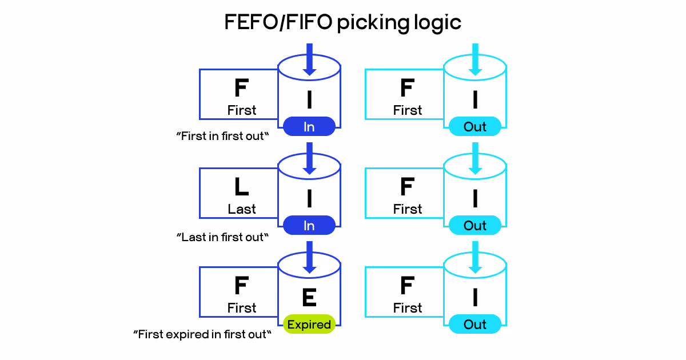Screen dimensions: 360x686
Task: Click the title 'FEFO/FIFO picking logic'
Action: [x=342, y=22]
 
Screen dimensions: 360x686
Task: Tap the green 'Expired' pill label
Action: [x=309, y=325]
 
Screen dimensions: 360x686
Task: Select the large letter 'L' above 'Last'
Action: [x=241, y=187]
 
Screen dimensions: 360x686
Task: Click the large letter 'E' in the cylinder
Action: [x=309, y=298]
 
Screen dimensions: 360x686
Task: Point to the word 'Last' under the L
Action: [x=241, y=209]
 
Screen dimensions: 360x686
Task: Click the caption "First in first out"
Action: [x=222, y=137]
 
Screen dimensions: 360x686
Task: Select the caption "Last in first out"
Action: [x=222, y=237]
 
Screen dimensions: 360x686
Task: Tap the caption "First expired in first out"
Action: [x=201, y=334]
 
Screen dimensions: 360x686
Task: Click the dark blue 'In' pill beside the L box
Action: [x=309, y=226]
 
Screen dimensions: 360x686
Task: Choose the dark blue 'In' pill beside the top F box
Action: [x=309, y=127]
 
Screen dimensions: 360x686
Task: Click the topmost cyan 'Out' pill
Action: [x=475, y=127]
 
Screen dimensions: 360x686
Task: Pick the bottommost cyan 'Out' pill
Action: [x=475, y=325]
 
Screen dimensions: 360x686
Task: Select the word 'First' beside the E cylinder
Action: [x=241, y=308]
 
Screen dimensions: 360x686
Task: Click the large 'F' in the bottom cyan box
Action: [x=407, y=286]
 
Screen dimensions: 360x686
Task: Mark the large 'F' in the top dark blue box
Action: [x=241, y=88]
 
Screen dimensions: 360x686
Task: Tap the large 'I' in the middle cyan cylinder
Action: [x=475, y=199]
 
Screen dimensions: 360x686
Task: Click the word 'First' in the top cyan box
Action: [x=407, y=110]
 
